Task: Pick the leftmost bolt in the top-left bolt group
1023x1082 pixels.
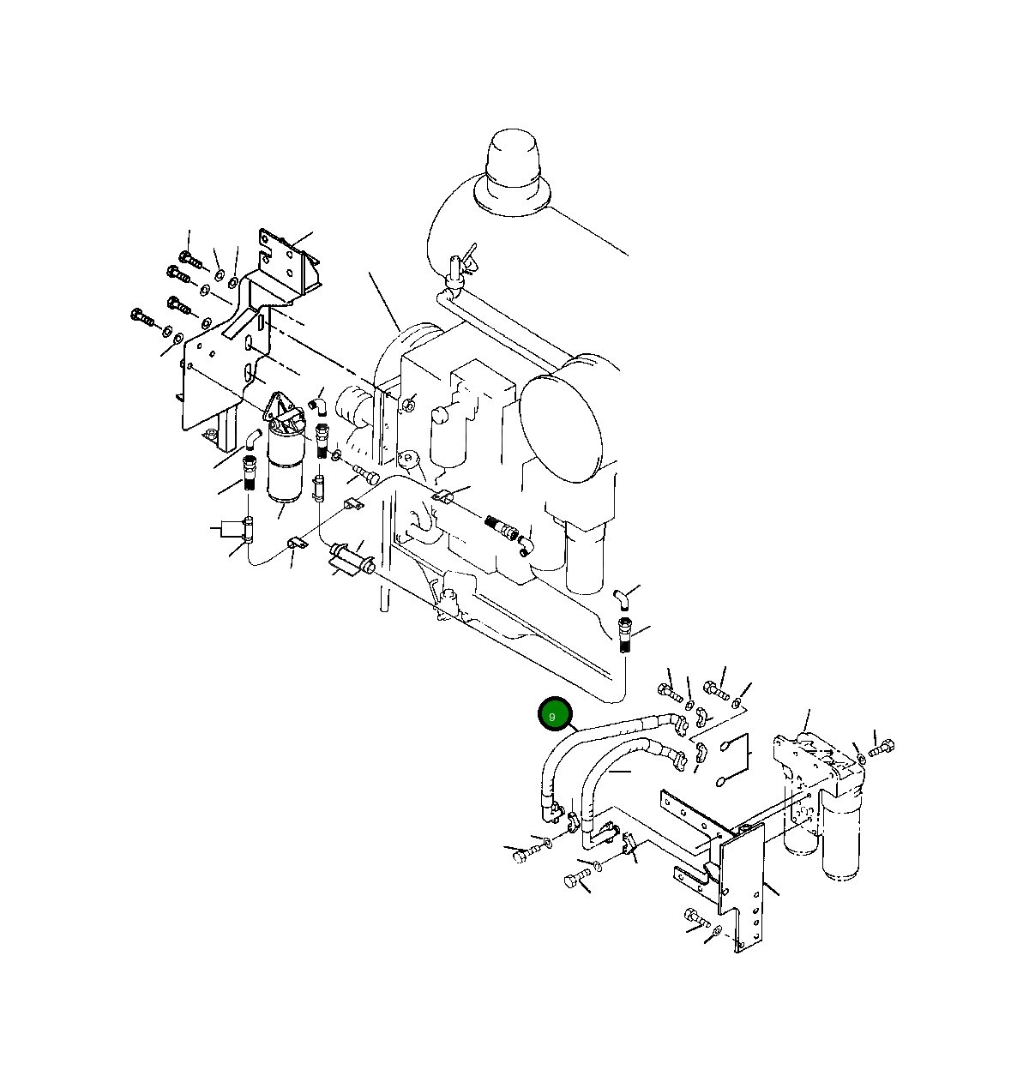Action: [x=141, y=318]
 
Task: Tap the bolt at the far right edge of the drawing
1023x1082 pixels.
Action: [x=882, y=749]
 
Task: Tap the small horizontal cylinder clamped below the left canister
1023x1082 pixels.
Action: [x=348, y=562]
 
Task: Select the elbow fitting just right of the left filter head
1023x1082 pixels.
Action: [x=318, y=403]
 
